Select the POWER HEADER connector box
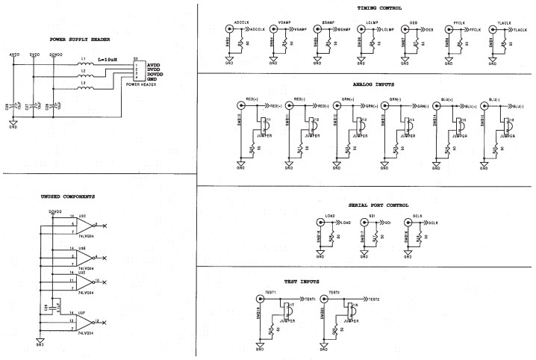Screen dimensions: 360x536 tap(140, 70)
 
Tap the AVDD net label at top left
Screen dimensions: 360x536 tap(13, 55)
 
